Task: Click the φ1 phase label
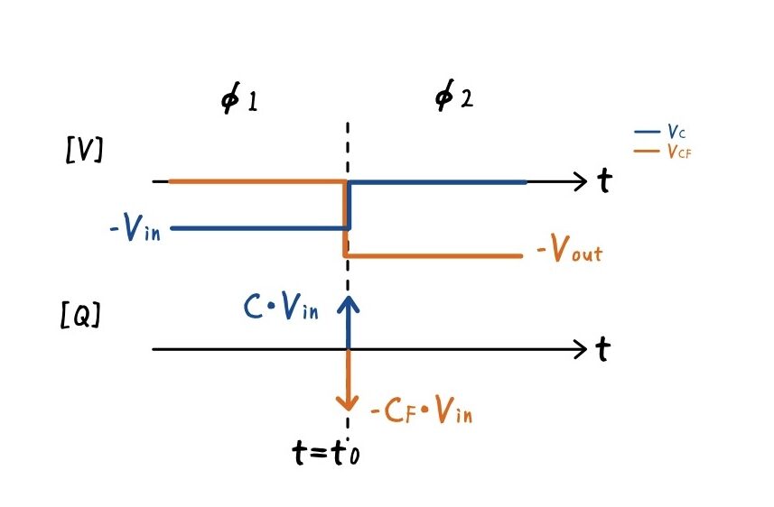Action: pos(239,98)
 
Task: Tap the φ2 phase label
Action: pos(453,97)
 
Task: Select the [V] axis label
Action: pos(84,149)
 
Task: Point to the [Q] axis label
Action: pos(81,317)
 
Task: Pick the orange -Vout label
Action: pos(569,252)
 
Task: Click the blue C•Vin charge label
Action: pos(282,309)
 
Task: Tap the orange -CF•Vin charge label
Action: pos(422,412)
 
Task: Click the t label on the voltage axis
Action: pos(603,182)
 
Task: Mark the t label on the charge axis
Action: pos(602,349)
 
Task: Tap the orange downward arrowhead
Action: pos(348,402)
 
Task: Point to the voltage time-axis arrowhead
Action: pos(580,182)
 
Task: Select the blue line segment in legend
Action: pos(648,133)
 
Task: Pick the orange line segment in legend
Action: pos(648,152)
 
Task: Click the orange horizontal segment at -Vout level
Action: pos(434,256)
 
